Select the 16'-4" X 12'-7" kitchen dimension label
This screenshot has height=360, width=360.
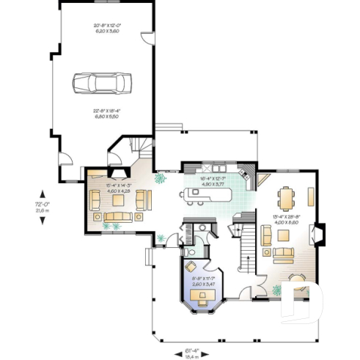click(213, 181)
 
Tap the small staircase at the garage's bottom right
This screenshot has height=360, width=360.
click(139, 147)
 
